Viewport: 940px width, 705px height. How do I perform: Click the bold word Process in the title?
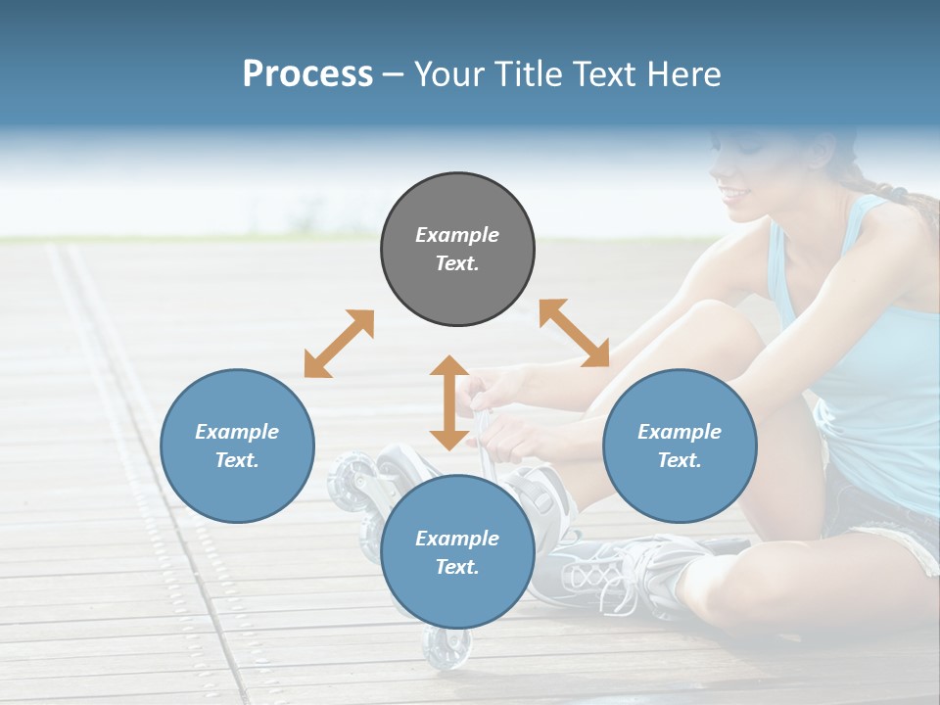(x=307, y=73)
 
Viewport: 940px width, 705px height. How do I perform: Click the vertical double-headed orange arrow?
(x=449, y=402)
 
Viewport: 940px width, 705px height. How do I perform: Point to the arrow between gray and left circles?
(x=339, y=344)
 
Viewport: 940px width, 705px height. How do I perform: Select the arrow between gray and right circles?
(x=574, y=333)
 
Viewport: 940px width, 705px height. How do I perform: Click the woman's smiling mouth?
(x=735, y=193)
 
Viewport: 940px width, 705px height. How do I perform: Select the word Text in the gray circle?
(x=456, y=263)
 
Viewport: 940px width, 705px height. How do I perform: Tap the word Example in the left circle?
(x=237, y=432)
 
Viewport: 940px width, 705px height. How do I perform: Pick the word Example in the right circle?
(x=680, y=432)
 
